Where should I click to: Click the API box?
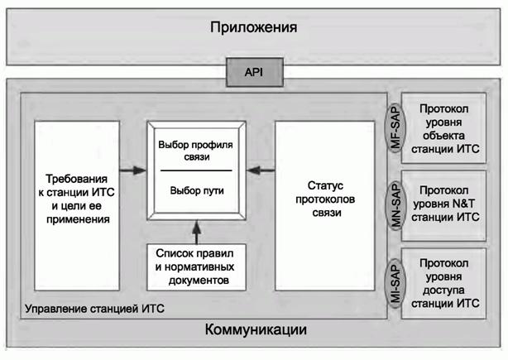[253, 73]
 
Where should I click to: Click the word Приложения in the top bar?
[253, 28]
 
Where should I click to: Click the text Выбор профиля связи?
[195, 150]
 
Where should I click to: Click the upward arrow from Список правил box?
[195, 231]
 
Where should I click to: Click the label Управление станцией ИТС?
[95, 308]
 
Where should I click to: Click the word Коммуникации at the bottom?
[255, 330]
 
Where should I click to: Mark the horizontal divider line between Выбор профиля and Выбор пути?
[195, 170]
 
